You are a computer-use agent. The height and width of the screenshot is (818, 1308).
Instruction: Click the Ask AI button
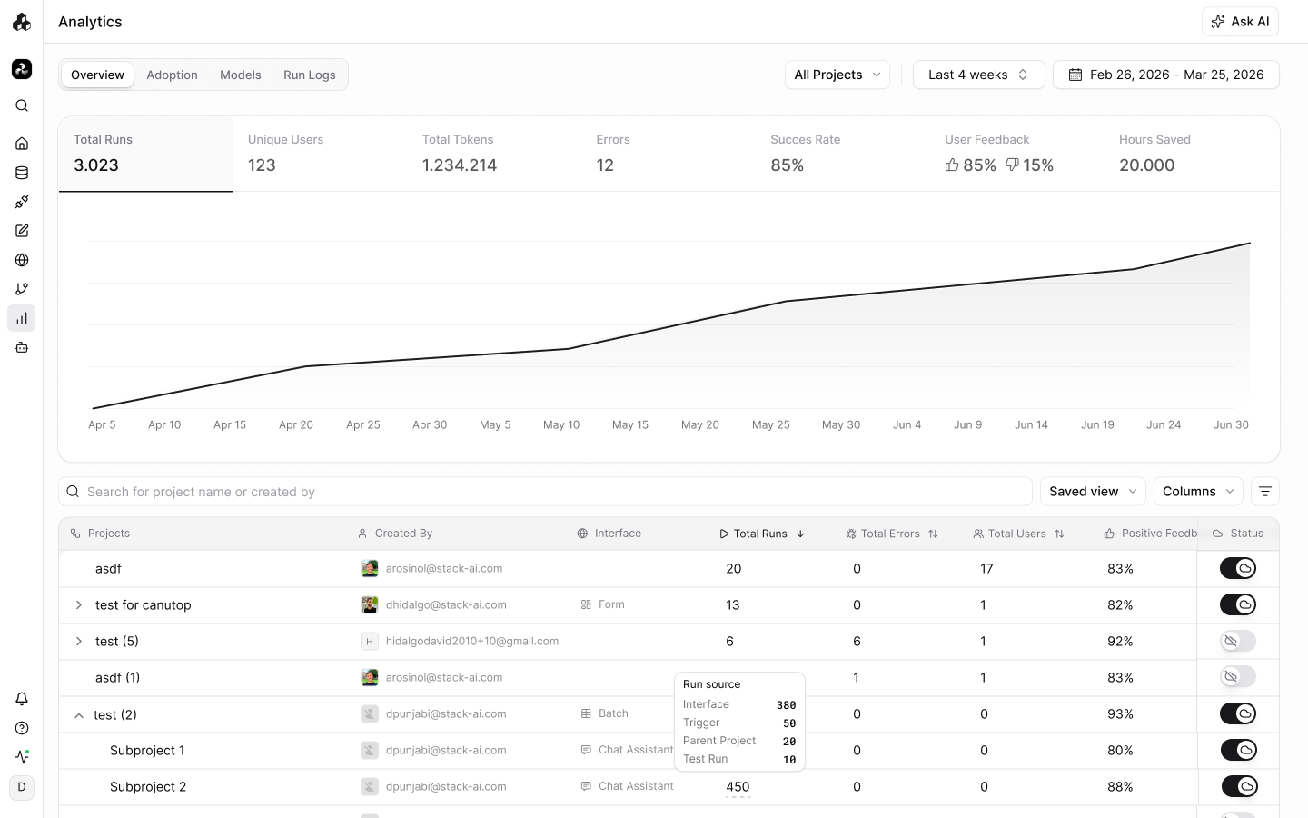tap(1240, 22)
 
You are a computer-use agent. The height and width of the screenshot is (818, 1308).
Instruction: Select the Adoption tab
tap(172, 75)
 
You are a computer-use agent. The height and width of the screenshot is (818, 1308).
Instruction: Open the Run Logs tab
tap(310, 75)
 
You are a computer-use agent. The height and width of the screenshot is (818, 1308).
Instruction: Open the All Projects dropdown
tap(837, 75)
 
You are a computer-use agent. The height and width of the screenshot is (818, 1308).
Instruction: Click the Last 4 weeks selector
tap(978, 75)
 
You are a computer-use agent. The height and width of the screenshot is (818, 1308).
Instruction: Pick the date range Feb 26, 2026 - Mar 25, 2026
tap(1165, 75)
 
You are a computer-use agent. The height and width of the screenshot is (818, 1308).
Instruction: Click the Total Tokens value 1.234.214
tap(459, 165)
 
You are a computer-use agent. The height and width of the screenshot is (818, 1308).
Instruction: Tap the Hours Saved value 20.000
tap(1146, 165)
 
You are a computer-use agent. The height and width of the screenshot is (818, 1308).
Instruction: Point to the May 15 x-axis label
tap(630, 424)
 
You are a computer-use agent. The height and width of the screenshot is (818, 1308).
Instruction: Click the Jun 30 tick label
tap(1231, 424)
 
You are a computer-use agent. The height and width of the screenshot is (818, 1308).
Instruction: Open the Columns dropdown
tap(1197, 492)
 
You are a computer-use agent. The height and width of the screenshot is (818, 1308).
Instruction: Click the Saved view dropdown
tap(1093, 492)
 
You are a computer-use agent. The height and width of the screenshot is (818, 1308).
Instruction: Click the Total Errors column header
tap(891, 534)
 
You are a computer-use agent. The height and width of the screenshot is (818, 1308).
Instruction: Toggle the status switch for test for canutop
tap(1237, 604)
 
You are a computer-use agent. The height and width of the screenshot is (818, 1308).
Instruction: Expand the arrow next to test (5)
tap(79, 641)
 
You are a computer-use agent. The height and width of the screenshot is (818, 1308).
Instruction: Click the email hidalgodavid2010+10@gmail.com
tap(471, 641)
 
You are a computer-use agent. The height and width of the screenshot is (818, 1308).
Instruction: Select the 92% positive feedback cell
tap(1120, 641)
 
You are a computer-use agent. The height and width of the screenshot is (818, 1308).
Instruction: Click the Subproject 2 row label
tap(148, 786)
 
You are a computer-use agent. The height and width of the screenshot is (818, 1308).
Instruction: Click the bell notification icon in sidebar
tap(22, 699)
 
